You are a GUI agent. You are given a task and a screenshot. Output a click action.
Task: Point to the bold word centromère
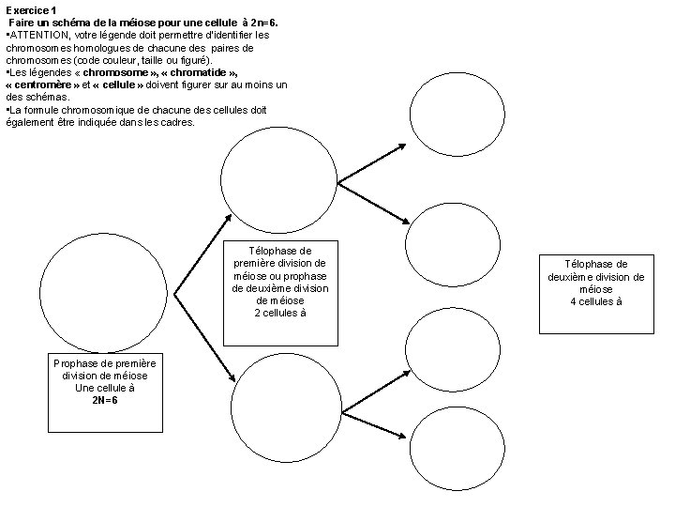click(47, 84)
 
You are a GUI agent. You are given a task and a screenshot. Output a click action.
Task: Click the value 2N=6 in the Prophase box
click(105, 399)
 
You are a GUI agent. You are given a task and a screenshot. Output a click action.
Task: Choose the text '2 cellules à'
click(280, 313)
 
